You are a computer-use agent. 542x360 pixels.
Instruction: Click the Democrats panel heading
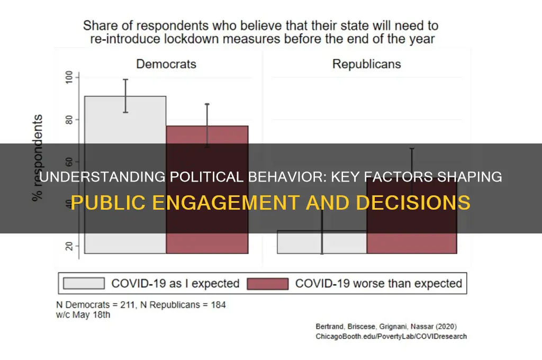(x=166, y=64)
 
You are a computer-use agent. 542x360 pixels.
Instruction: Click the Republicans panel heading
(x=366, y=64)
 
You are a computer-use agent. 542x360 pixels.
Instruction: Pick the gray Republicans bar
(x=322, y=242)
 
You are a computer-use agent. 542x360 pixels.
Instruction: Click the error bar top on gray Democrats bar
(x=125, y=79)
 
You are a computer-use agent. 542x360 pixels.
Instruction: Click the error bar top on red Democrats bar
(x=207, y=104)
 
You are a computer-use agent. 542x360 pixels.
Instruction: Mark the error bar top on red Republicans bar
(x=411, y=149)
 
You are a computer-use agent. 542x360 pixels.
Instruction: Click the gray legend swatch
(x=84, y=283)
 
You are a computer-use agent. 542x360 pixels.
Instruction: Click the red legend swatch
(x=268, y=283)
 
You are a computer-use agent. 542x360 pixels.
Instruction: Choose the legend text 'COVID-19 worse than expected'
(x=378, y=283)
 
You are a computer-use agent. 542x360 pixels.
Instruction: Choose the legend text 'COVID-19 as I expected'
(x=175, y=283)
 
